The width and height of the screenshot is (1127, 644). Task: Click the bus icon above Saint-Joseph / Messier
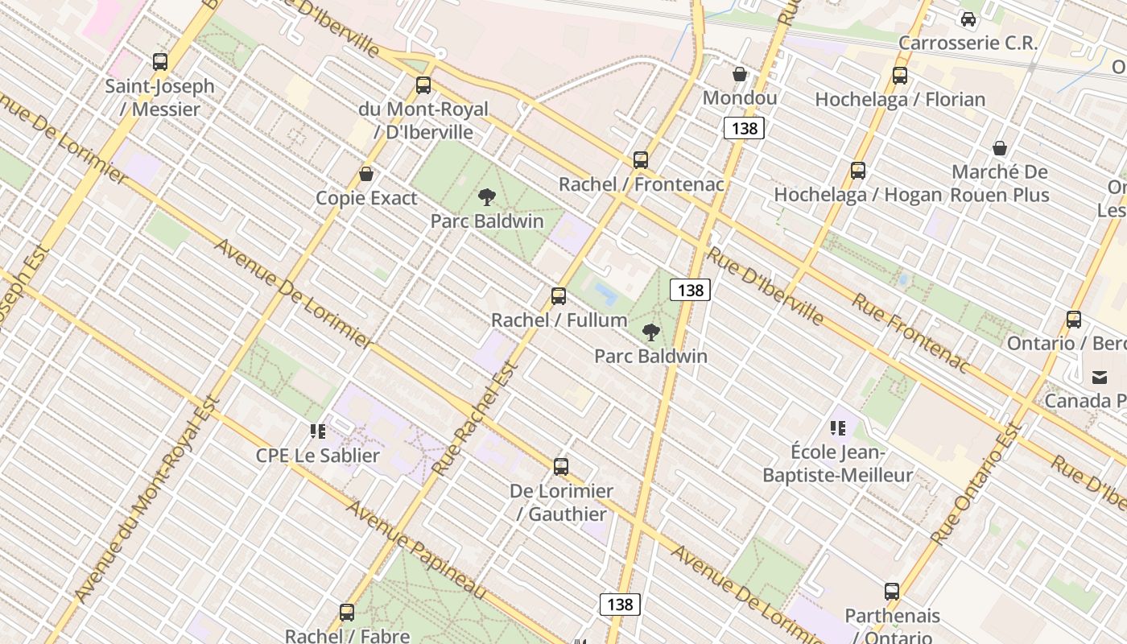160,62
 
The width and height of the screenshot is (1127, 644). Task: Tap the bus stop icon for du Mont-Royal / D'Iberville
423,85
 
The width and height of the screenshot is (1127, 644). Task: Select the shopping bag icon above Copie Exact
366,174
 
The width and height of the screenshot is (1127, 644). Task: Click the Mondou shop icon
740,75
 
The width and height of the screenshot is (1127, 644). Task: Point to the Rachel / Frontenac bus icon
641,160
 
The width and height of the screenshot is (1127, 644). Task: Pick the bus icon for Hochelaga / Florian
900,76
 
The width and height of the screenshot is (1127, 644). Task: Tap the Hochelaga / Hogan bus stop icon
858,171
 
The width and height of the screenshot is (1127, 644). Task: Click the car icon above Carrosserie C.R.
968,19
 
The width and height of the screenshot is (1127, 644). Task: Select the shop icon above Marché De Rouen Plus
1000,148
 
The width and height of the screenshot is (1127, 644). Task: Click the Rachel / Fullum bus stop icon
559,296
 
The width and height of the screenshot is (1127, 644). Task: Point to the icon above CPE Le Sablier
318,431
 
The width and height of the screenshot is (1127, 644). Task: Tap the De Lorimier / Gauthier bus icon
561,467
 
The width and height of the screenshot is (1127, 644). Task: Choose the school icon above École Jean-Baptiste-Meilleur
838,428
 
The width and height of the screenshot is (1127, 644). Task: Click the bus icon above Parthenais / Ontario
892,592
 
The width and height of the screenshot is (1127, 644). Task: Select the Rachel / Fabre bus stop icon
347,613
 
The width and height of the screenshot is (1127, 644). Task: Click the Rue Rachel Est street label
475,419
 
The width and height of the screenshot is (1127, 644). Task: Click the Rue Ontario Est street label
976,483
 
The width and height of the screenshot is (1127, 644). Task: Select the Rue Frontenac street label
911,332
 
